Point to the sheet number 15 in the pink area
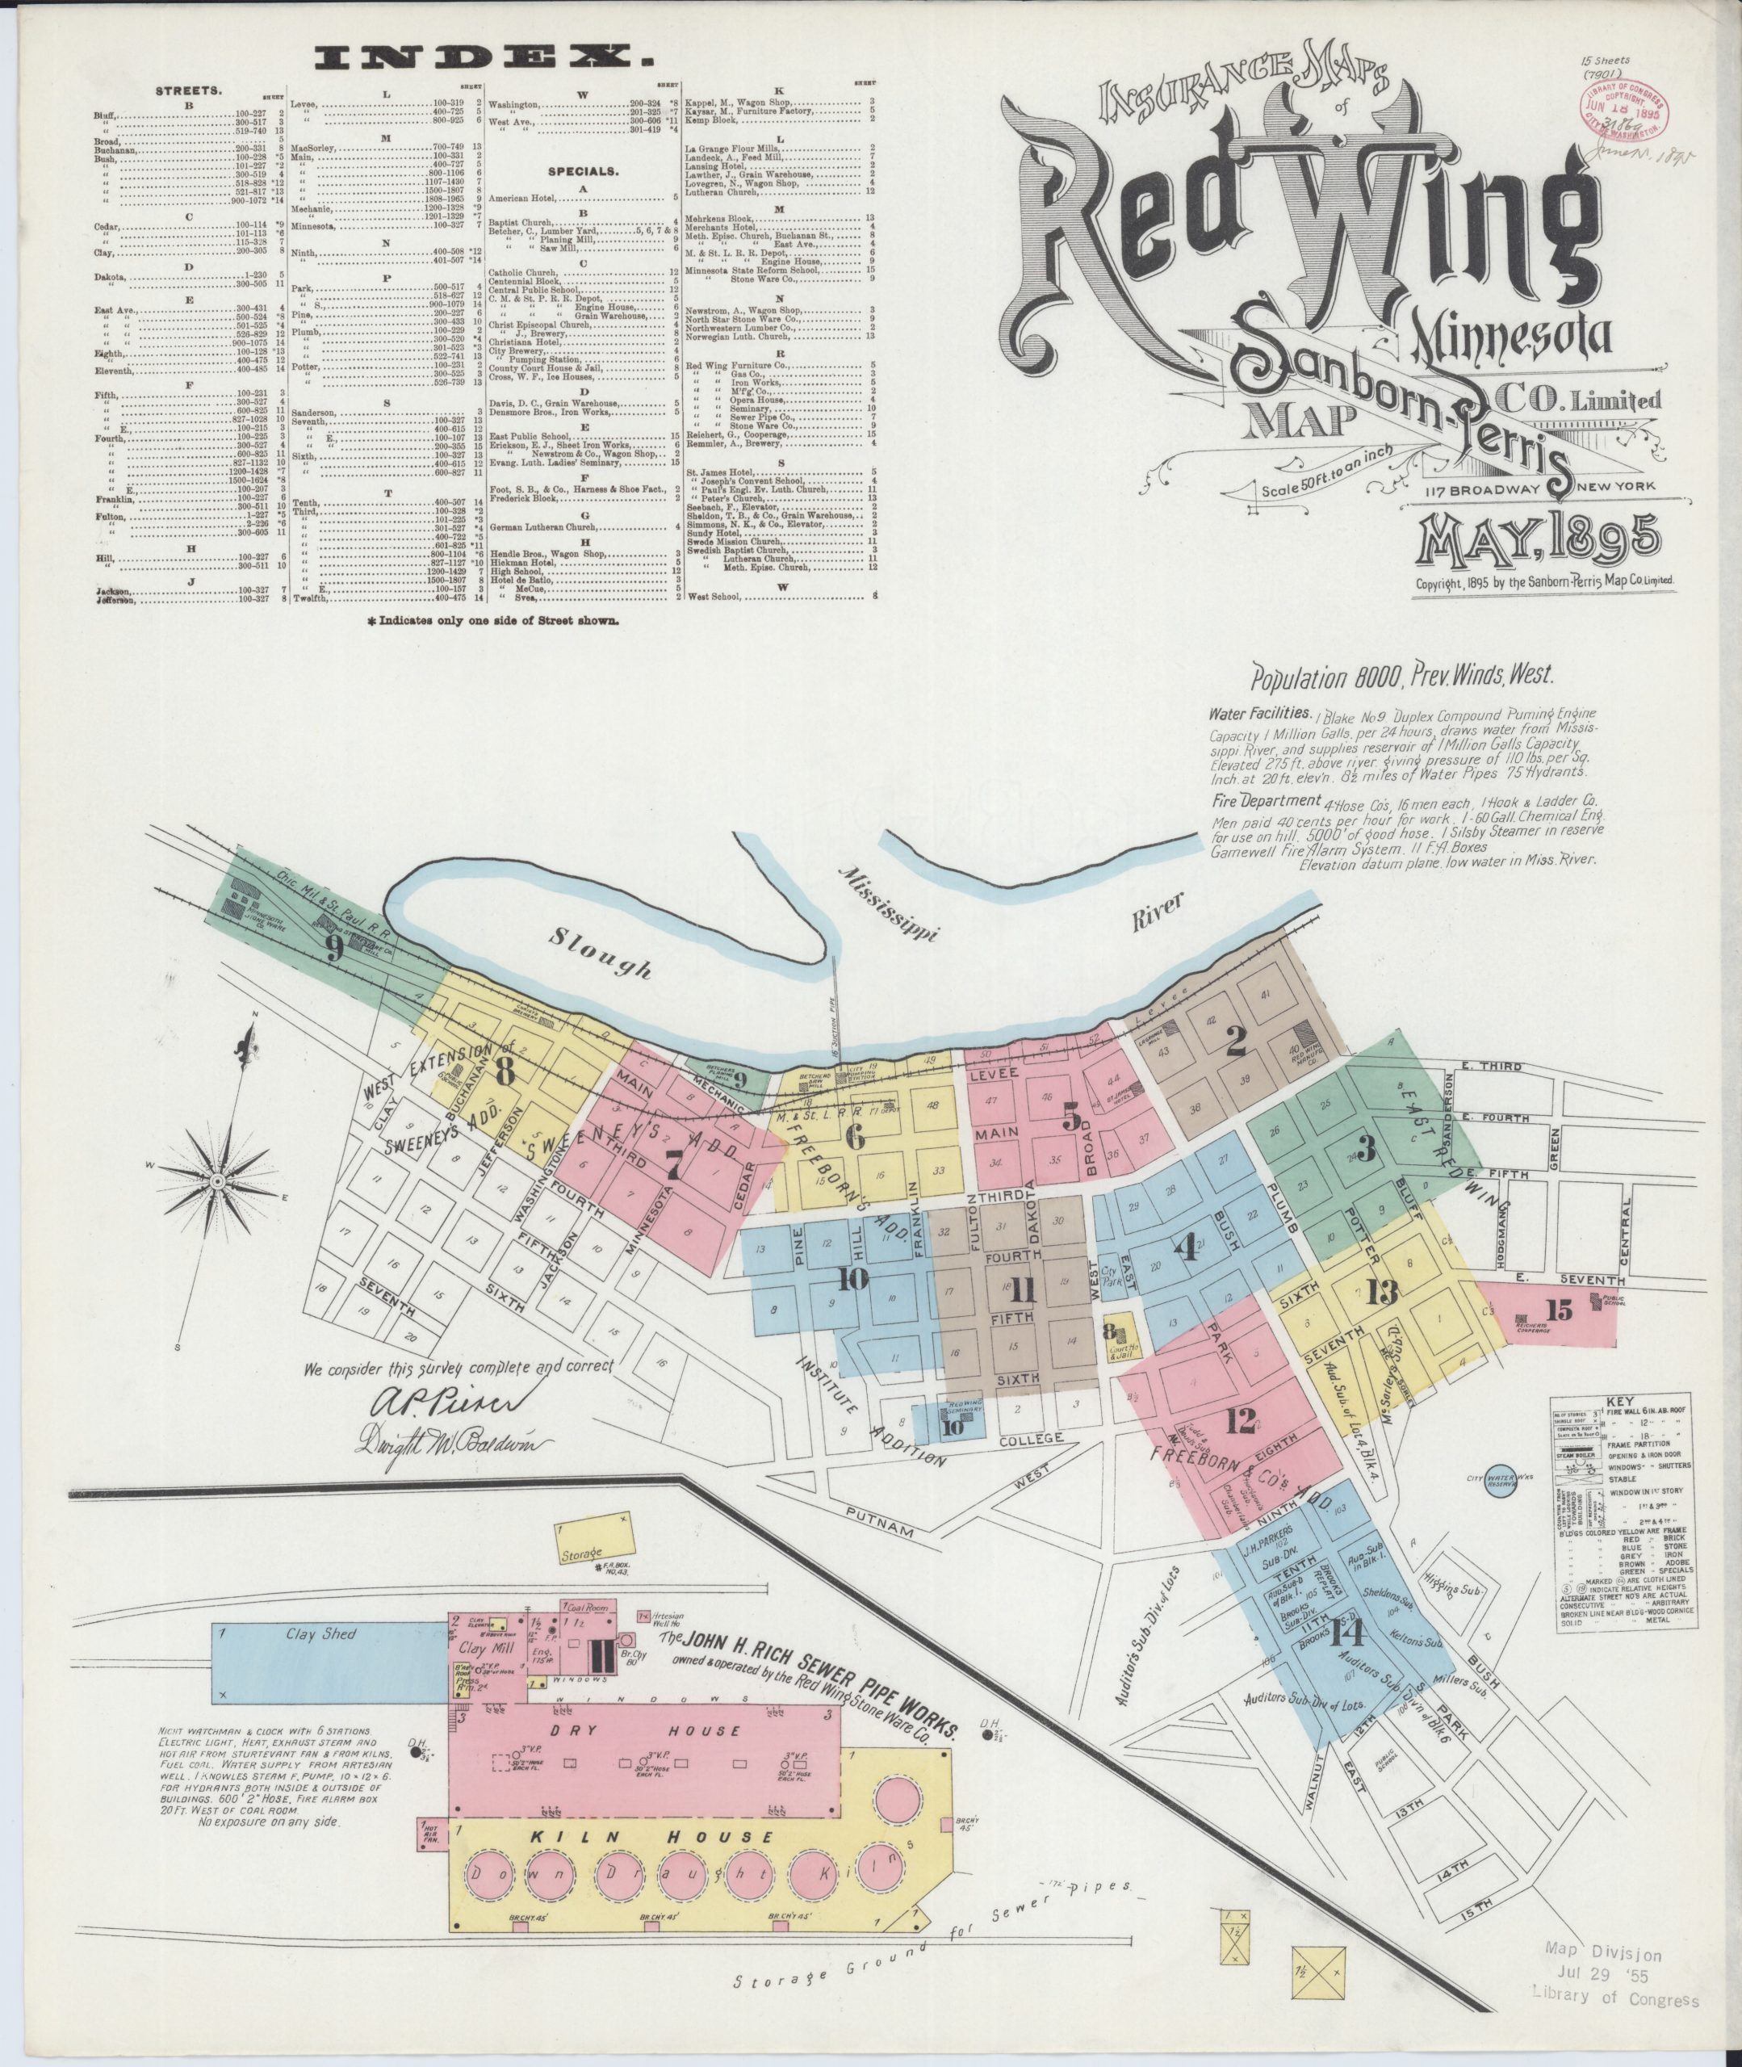point(1560,1310)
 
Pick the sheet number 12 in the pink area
point(1241,1421)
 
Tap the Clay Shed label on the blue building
point(323,1634)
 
